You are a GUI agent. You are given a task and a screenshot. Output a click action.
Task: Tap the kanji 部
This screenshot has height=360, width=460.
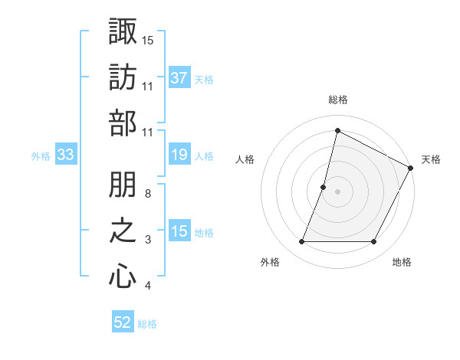[123, 123]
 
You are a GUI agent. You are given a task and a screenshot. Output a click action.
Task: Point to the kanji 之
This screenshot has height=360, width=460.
[123, 231]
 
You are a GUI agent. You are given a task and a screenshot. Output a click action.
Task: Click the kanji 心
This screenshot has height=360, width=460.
[123, 277]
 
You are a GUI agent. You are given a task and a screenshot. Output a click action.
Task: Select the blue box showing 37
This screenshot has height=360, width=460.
[179, 78]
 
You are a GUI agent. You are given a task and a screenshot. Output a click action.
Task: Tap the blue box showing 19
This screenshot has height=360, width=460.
[179, 155]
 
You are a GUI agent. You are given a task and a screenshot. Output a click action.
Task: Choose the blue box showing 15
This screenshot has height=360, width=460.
[179, 232]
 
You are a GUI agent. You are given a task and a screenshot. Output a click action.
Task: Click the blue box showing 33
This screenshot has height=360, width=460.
[65, 155]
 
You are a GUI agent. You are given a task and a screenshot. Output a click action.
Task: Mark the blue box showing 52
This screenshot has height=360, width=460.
[123, 323]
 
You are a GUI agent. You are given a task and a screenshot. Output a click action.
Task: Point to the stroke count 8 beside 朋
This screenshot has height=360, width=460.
[147, 194]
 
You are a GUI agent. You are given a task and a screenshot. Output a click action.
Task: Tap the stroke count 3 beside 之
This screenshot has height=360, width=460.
[147, 241]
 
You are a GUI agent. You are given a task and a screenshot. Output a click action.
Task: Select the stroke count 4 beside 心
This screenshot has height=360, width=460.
[147, 286]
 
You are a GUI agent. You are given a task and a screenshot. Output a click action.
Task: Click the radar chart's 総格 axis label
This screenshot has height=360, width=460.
[337, 100]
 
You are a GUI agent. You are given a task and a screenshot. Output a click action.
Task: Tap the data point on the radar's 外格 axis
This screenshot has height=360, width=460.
[301, 242]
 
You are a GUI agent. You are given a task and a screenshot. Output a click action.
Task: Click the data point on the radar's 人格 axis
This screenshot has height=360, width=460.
[324, 187]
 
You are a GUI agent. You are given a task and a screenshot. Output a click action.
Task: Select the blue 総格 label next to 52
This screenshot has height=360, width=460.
[147, 324]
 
